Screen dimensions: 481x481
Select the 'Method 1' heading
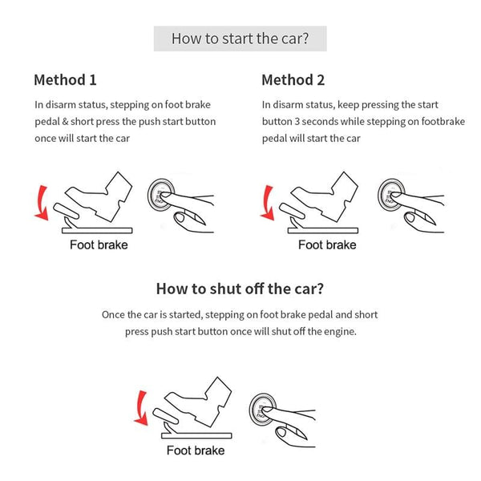65,80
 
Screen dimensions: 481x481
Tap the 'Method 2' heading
293,80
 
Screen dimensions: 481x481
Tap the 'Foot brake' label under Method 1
98,245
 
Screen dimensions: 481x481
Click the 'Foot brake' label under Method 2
326,245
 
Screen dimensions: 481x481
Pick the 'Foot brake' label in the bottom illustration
196,451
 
